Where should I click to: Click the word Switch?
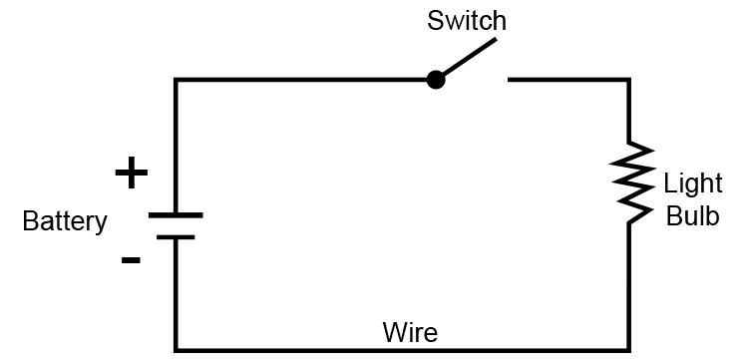tap(467, 20)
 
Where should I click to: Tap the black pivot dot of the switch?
tap(435, 80)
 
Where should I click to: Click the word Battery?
tap(64, 221)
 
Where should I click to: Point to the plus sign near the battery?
tap(131, 174)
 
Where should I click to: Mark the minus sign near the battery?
tap(131, 260)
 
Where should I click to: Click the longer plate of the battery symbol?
tap(176, 214)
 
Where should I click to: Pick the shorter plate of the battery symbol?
tap(176, 236)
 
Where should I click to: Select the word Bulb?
tap(691, 216)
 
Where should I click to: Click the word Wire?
tap(410, 331)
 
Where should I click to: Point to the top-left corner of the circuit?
tap(177, 80)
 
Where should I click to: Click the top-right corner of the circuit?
tap(628, 80)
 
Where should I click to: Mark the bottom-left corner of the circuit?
tap(177, 349)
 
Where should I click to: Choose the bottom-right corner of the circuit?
tap(628, 349)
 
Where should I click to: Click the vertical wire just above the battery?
tap(177, 150)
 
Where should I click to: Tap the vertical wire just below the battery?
tap(177, 294)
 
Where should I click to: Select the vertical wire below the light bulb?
tap(628, 289)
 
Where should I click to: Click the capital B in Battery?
tap(29, 221)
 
